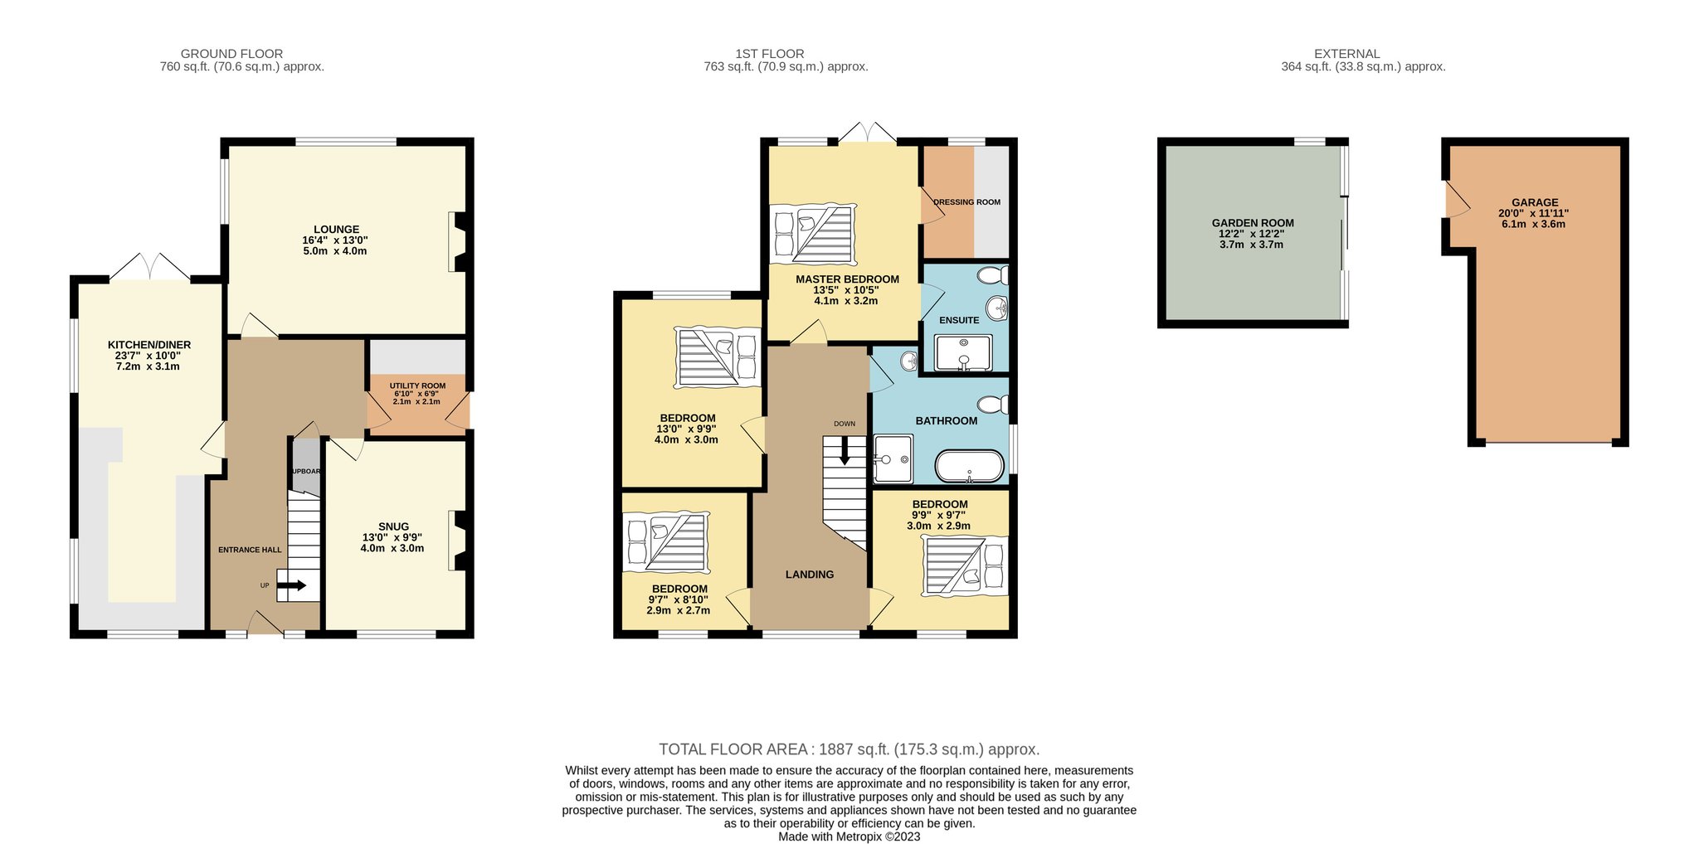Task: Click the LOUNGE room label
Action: tap(336, 230)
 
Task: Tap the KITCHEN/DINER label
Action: tap(149, 345)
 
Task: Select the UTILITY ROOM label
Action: tap(417, 386)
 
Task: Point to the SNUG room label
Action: tap(393, 526)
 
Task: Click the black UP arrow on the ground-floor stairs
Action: tap(291, 586)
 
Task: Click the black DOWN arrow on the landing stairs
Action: tap(845, 451)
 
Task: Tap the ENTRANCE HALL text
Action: tap(250, 550)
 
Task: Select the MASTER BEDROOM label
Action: tap(847, 279)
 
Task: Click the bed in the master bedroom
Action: tap(813, 234)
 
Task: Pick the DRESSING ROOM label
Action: tap(966, 202)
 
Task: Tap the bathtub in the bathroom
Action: tap(969, 466)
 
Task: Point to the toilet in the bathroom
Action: tap(992, 405)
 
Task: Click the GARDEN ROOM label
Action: tap(1253, 223)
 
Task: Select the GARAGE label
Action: tap(1535, 202)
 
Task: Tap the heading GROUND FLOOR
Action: tap(231, 54)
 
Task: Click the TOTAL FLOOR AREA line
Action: tap(849, 749)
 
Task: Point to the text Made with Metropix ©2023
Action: tap(849, 837)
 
